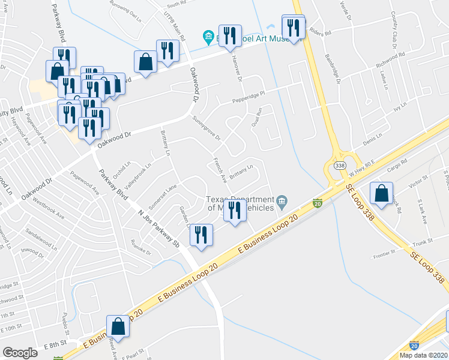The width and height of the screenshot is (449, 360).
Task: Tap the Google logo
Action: click(20, 353)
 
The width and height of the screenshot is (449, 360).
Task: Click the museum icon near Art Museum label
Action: click(208, 38)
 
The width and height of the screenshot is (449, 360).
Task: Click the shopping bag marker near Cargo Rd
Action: click(381, 193)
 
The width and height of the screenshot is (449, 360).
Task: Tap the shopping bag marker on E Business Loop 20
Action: click(119, 328)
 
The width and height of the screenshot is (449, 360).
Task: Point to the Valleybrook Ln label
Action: click(139, 171)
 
